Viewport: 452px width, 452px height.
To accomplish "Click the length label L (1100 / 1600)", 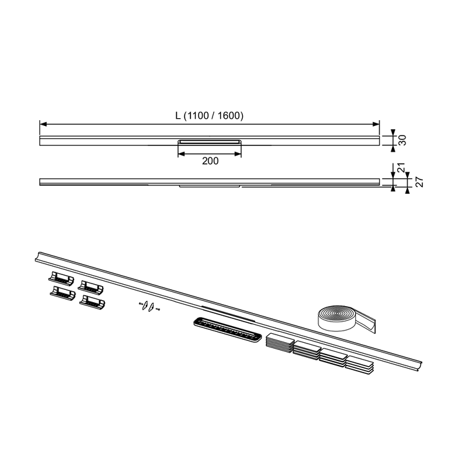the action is (x=210, y=116).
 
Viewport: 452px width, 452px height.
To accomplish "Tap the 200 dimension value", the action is (x=210, y=161).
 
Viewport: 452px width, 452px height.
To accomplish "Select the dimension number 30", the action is (x=402, y=140).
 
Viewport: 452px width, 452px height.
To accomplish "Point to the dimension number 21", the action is (x=402, y=168).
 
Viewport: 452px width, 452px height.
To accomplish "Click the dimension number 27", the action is (x=420, y=182).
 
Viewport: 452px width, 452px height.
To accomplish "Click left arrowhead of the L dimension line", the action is (x=43, y=124).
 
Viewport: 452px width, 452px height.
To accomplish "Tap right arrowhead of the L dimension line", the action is (x=376, y=124).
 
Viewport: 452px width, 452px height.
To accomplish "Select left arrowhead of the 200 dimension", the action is (x=181, y=154).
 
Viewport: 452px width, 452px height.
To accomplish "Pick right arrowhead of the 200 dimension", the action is (x=238, y=154).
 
